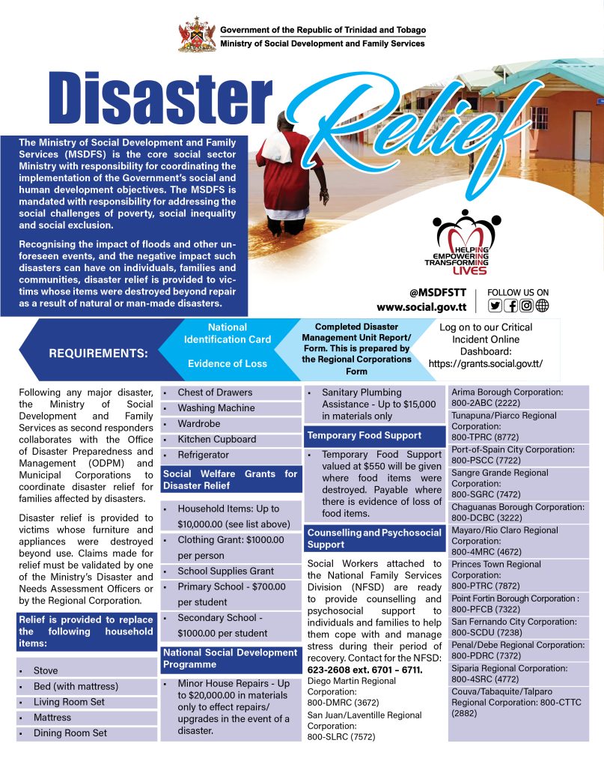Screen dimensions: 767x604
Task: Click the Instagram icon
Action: (527, 305)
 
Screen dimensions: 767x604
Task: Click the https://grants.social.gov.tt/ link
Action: (485, 364)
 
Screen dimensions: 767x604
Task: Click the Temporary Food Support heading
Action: (364, 435)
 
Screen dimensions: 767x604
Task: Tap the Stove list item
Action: (46, 670)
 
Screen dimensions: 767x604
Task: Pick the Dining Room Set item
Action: (70, 733)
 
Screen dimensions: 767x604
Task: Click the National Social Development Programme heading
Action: (231, 658)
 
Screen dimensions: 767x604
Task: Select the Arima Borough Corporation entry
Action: (506, 397)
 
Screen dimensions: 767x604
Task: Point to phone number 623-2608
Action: (332, 670)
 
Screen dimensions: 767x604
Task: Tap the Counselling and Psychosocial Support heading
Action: (374, 539)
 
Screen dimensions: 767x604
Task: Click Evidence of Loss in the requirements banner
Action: (227, 363)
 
